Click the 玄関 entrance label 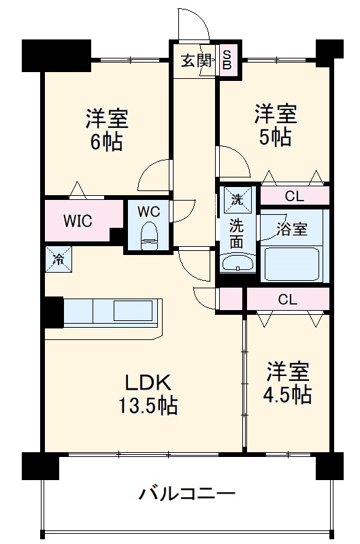(x=195, y=61)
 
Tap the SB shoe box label (x=227, y=61)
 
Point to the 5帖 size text (x=276, y=136)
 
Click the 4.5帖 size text (x=288, y=394)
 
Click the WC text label (x=148, y=211)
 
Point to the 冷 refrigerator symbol (x=59, y=258)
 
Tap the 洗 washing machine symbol (x=236, y=200)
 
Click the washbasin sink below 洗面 (x=236, y=263)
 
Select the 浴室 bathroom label (x=293, y=229)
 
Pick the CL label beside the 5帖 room (x=294, y=197)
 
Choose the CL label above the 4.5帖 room (x=287, y=299)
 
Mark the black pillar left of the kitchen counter (x=52, y=312)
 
